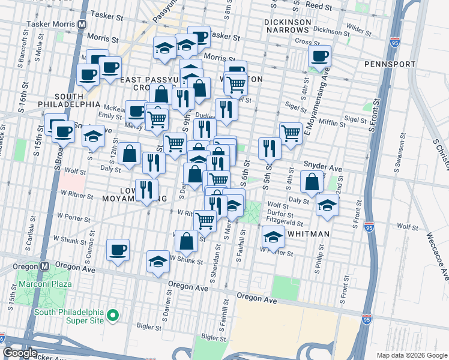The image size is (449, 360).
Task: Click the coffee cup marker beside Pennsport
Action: tap(320, 58)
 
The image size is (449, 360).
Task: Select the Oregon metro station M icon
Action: tap(44, 265)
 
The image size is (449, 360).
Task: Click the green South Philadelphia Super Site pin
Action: tap(112, 315)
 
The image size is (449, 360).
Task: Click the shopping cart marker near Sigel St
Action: tap(291, 133)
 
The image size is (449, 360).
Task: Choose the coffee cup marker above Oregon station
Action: tap(118, 249)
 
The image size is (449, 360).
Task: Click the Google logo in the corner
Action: tap(20, 353)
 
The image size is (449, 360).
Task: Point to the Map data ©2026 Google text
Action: tap(412, 355)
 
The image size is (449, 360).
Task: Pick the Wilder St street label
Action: tap(358, 28)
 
